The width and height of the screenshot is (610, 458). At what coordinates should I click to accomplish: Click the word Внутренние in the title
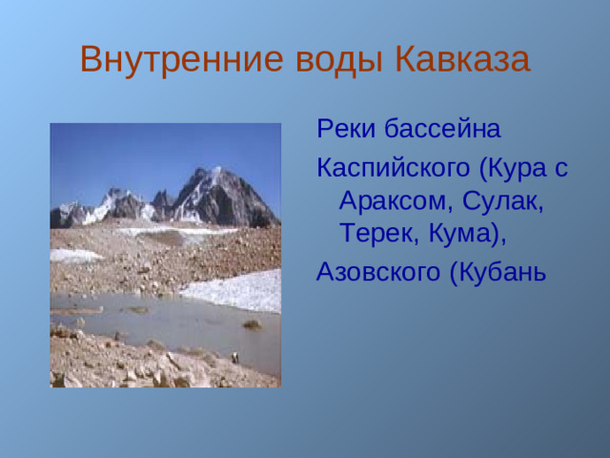point(176,59)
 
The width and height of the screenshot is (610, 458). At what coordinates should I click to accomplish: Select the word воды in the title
point(330,59)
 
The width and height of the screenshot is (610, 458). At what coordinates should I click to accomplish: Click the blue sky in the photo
point(143,153)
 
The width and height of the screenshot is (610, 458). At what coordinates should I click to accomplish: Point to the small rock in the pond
point(252,325)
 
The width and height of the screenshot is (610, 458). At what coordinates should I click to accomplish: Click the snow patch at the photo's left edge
point(71,256)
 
